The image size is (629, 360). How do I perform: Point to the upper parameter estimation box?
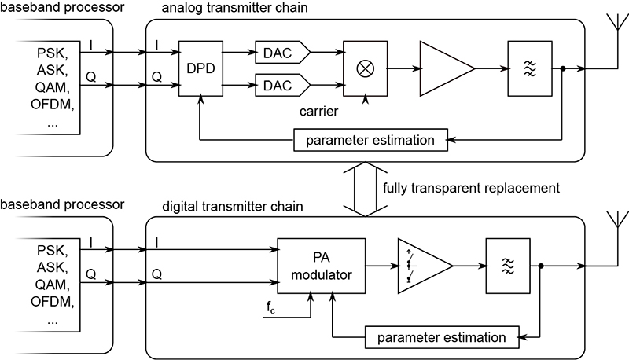click(370, 141)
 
